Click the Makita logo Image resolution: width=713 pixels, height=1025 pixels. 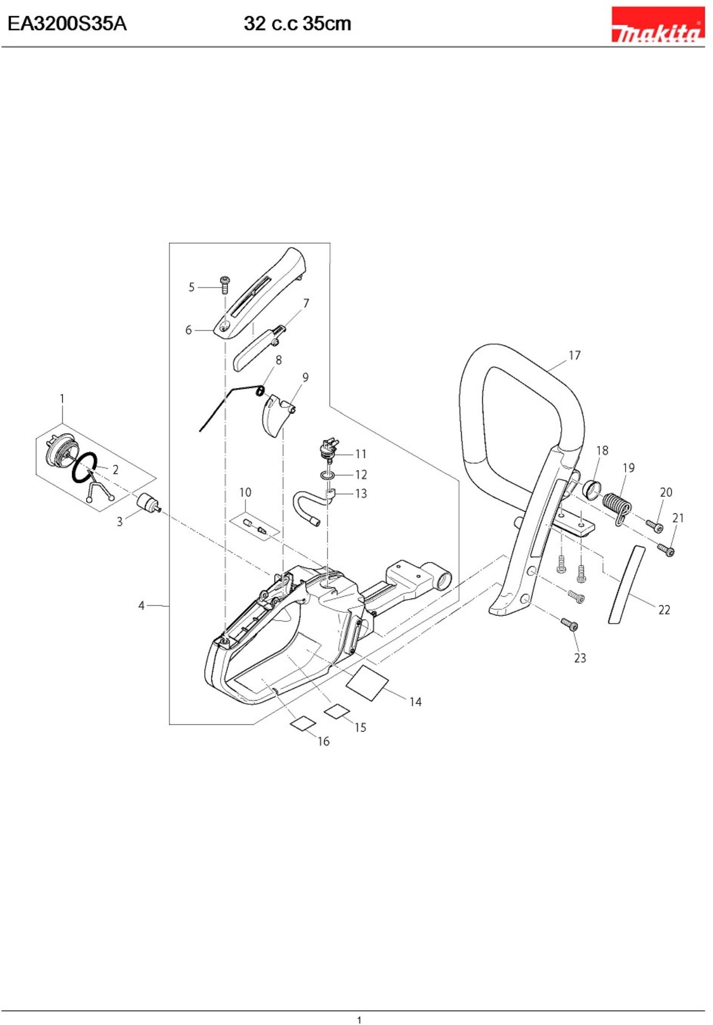657,25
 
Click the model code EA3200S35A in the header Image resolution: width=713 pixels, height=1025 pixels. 67,24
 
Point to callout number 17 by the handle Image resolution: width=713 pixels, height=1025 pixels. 574,355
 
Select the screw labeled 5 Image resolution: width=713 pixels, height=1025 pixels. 225,285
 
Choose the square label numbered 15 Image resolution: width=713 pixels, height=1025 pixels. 337,710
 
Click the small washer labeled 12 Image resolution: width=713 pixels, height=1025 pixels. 327,474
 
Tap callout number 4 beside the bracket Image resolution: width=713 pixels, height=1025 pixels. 142,606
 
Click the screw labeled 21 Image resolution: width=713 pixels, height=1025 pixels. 666,550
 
